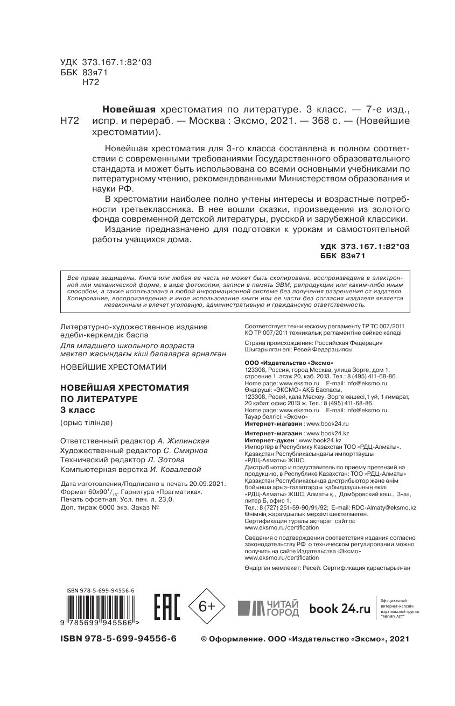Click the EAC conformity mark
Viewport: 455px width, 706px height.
[166, 608]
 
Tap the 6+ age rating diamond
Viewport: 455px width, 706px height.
[207, 606]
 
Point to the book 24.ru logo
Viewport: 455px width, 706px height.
[340, 608]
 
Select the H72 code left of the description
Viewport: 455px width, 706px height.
[70, 122]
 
